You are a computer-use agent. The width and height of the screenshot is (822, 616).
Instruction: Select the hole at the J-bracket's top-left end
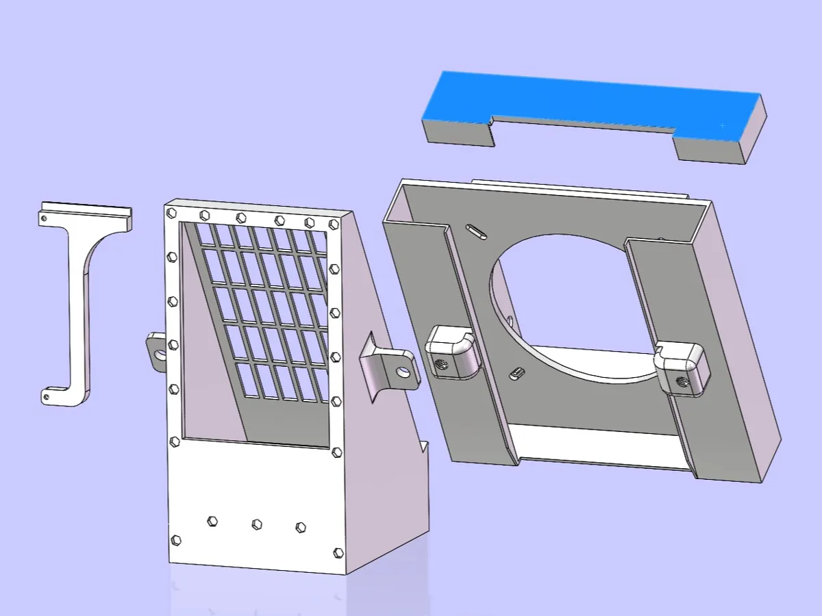click(44, 218)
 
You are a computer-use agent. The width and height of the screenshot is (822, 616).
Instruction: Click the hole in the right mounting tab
click(403, 372)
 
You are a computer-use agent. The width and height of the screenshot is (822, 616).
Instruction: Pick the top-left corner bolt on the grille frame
click(172, 212)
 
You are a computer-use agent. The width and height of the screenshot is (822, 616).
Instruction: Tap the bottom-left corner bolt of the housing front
click(176, 540)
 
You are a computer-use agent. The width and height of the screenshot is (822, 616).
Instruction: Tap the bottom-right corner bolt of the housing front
click(337, 552)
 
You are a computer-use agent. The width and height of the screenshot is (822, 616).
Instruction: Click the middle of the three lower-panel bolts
click(257, 524)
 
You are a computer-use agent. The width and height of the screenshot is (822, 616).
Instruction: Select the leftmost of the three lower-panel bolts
click(212, 522)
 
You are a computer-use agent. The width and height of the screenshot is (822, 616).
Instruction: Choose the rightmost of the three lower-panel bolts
click(300, 527)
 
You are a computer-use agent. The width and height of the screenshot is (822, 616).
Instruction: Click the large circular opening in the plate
click(569, 301)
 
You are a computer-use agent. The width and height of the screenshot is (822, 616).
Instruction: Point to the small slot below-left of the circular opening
click(518, 373)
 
